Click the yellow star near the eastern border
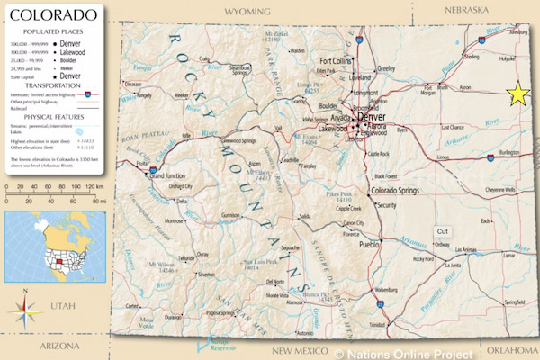(518, 94)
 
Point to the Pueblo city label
(369, 244)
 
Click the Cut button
(442, 231)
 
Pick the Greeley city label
(386, 68)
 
